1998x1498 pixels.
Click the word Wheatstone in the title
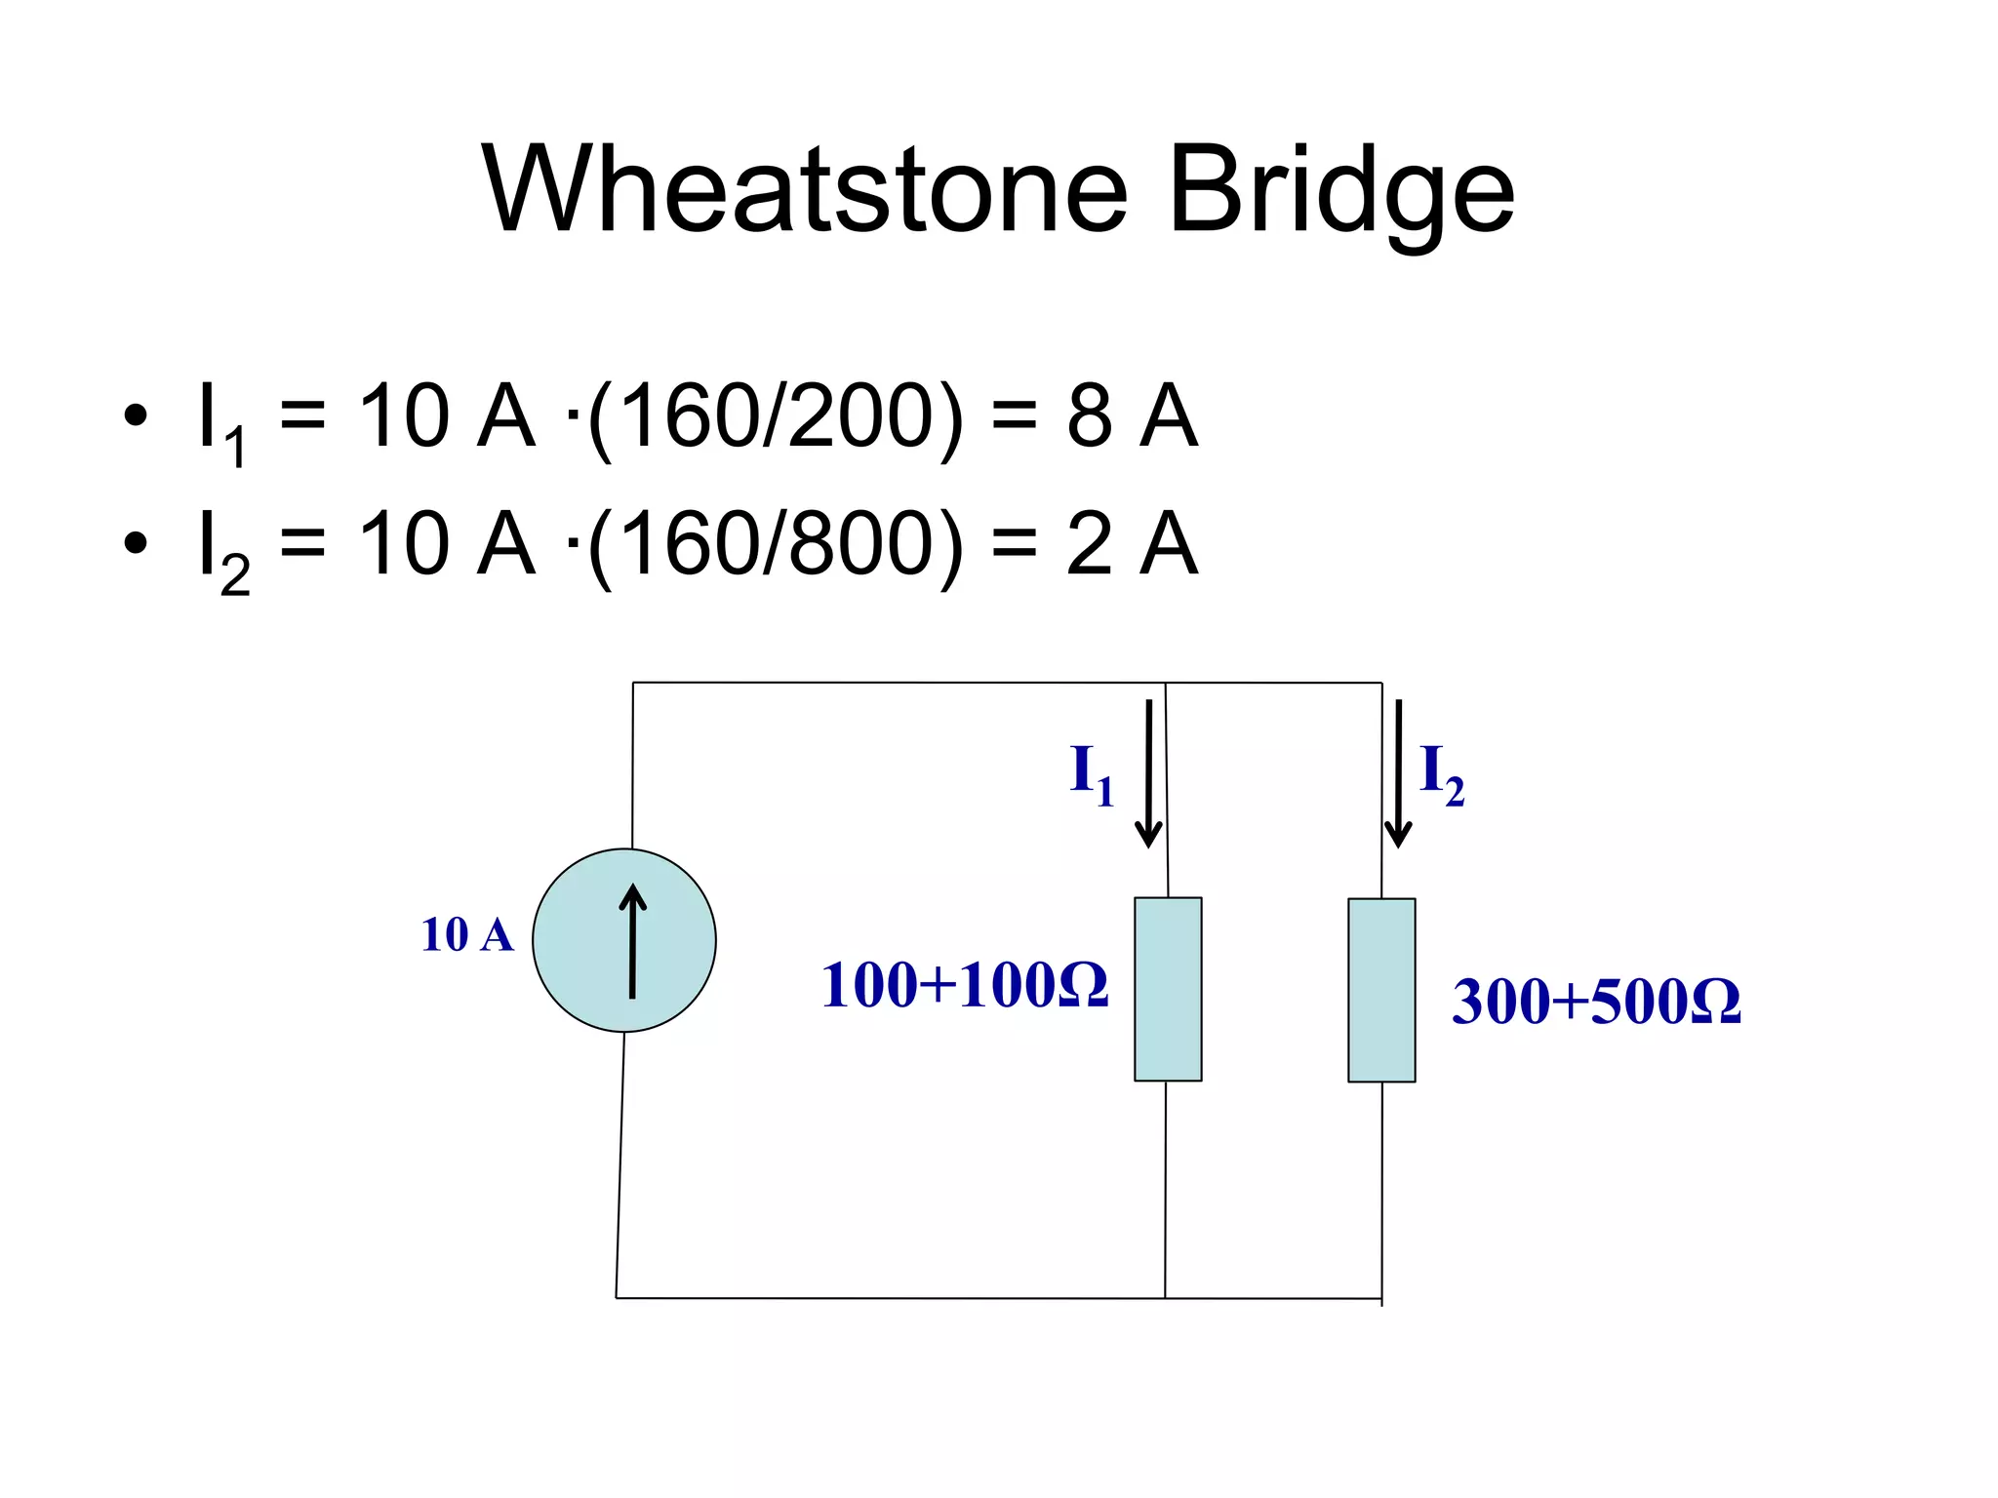point(805,190)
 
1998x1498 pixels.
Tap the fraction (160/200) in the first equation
point(776,417)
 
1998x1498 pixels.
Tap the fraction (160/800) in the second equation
point(776,544)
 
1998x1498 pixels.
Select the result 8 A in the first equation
point(1132,416)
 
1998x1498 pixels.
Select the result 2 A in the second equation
point(1132,543)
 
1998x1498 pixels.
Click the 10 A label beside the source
point(466,935)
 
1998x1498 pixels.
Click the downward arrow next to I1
point(1148,774)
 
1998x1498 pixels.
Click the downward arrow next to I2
point(1398,774)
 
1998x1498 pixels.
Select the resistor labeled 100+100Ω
point(1168,989)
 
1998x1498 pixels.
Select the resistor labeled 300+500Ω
point(1381,990)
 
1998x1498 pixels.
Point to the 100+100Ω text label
point(964,985)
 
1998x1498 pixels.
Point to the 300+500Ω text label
point(1596,1002)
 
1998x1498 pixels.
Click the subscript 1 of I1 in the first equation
point(234,449)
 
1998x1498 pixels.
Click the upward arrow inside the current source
point(633,941)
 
